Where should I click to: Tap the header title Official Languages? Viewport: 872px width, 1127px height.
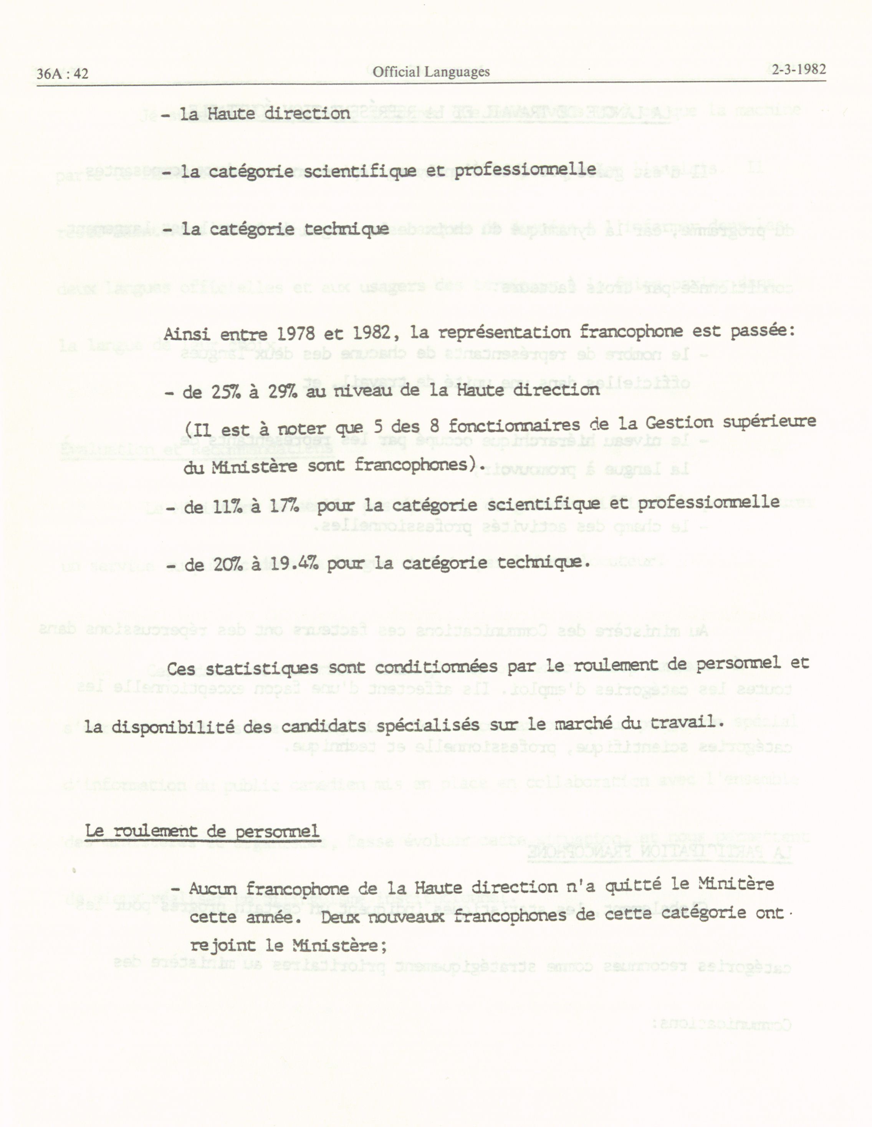click(x=431, y=72)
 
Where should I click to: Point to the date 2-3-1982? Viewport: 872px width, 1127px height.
click(x=799, y=70)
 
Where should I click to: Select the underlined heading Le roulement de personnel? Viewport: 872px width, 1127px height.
click(x=202, y=832)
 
